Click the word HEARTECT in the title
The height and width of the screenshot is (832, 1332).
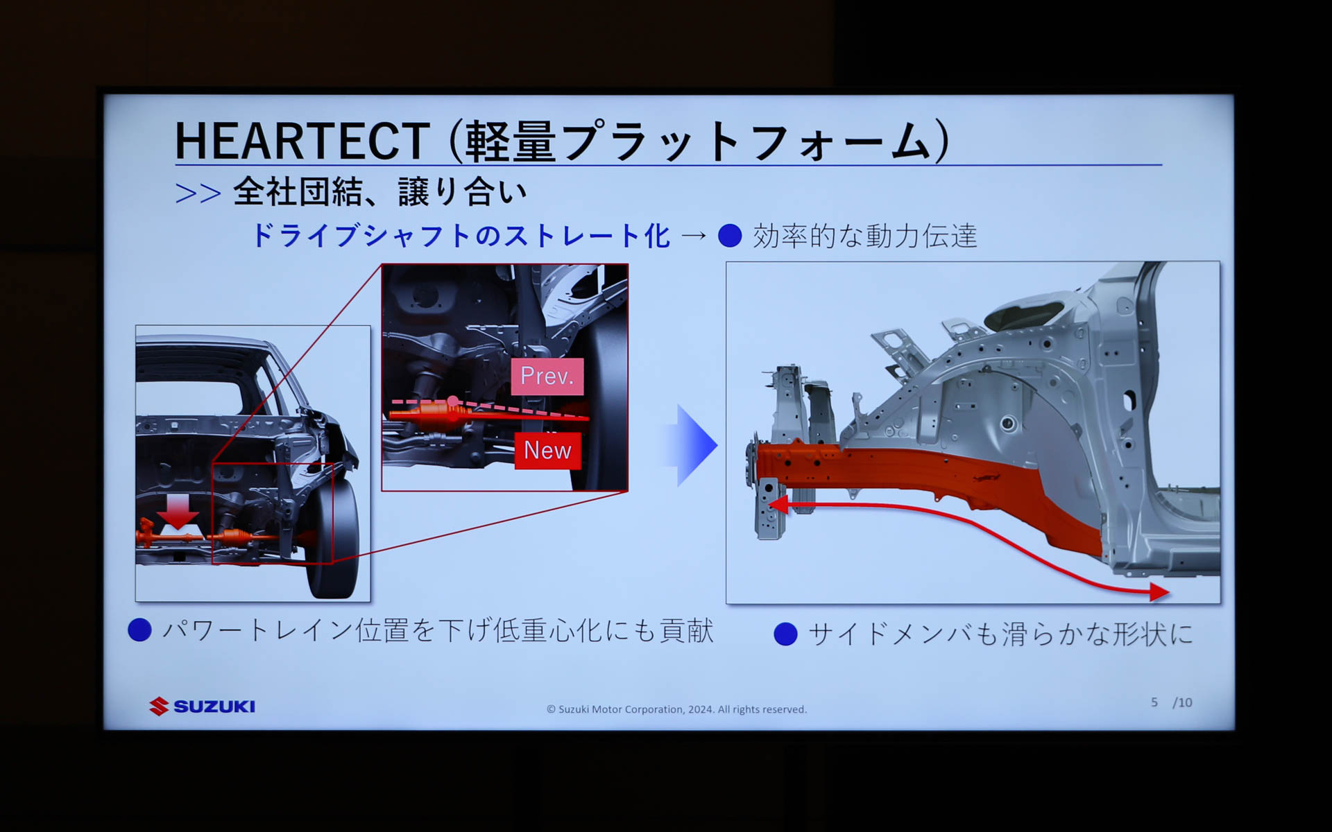tap(302, 141)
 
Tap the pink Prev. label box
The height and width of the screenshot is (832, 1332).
tap(547, 376)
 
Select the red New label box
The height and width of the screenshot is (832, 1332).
tap(547, 451)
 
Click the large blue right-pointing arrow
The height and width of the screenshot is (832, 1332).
tap(694, 444)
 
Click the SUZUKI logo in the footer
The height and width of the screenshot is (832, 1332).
tap(203, 707)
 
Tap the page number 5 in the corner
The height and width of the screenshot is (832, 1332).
tap(1154, 702)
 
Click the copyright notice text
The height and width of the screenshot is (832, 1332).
tap(676, 709)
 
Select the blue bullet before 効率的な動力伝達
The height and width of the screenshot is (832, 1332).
tap(730, 236)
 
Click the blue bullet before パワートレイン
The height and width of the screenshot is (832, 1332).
tap(140, 630)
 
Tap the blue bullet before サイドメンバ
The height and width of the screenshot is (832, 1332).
tap(785, 634)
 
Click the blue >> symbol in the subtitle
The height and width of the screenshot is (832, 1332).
tap(198, 193)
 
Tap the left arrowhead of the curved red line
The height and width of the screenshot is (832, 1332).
tap(778, 504)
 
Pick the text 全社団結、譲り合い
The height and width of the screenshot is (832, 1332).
tap(379, 192)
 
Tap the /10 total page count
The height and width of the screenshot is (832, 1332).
tap(1182, 702)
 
